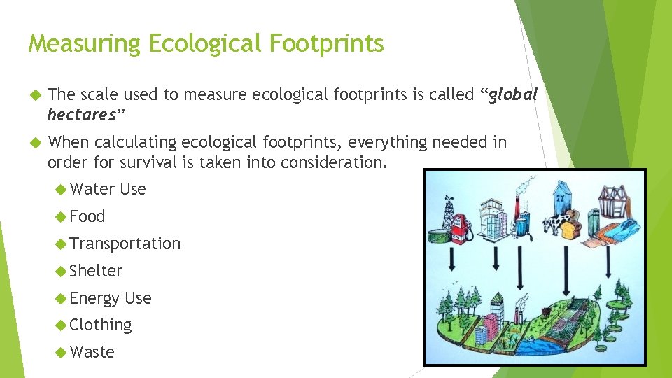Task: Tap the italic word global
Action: tap(512, 95)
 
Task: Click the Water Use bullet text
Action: tap(108, 189)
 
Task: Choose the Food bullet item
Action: tap(87, 216)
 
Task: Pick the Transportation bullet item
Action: tap(125, 244)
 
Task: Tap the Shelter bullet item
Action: tap(96, 271)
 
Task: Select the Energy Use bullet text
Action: tap(111, 298)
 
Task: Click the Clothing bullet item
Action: tap(101, 325)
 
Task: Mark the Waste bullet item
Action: tap(92, 352)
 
